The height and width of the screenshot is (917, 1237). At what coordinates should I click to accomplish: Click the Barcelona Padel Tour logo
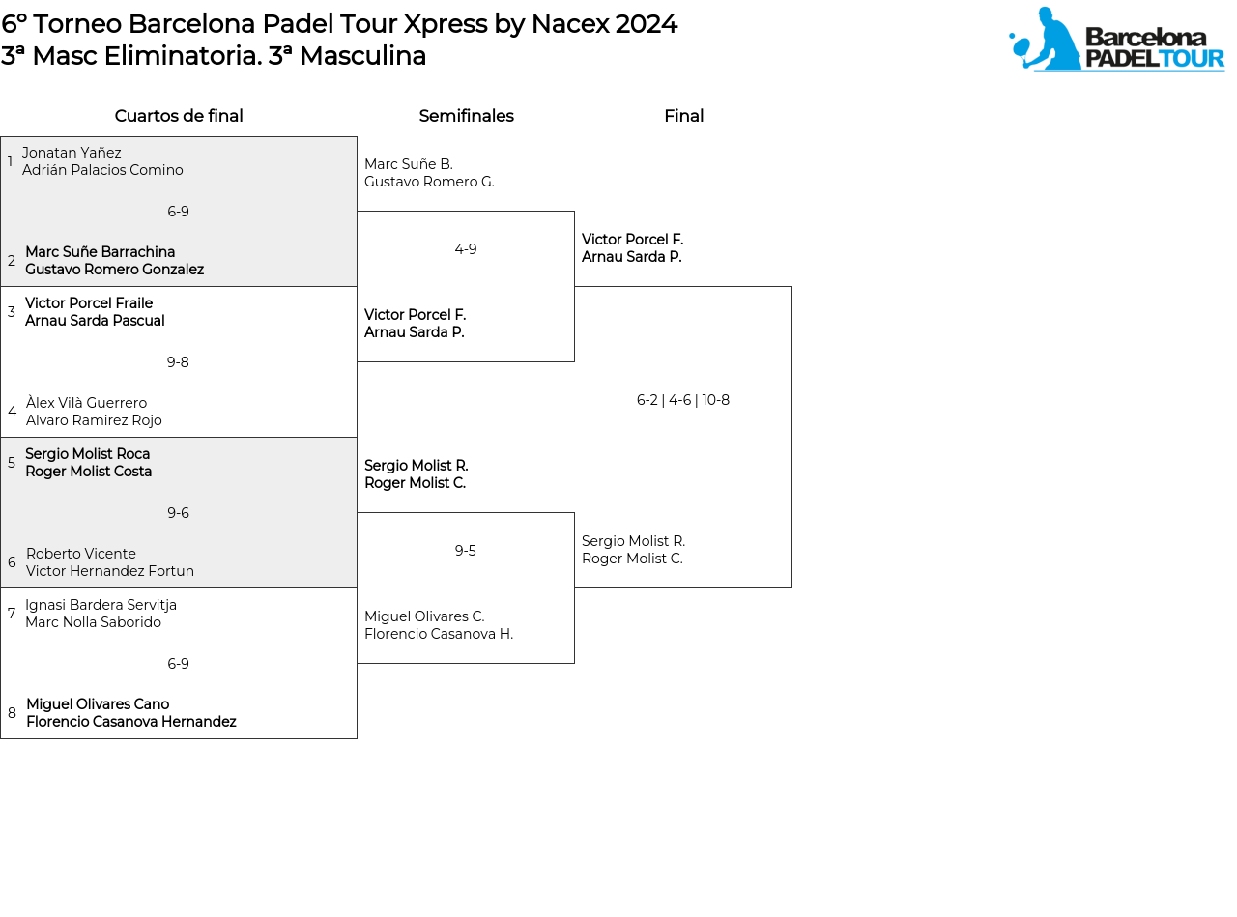point(1116,40)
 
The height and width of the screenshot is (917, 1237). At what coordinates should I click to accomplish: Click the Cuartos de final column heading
point(179,116)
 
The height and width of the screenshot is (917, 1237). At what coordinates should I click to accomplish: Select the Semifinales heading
point(466,116)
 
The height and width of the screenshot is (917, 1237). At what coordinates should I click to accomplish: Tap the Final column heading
point(683,116)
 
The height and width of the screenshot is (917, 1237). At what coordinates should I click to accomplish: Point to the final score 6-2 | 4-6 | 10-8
point(683,400)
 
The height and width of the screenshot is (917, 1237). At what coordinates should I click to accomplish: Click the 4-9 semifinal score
point(466,249)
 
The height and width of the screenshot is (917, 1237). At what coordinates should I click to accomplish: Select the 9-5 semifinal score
point(466,551)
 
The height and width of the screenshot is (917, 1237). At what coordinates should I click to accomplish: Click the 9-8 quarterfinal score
point(178,362)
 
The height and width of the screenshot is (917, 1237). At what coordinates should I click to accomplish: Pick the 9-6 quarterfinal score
point(178,513)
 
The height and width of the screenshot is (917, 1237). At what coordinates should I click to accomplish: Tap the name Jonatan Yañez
point(72,153)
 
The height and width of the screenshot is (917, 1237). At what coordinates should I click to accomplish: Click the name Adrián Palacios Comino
point(102,170)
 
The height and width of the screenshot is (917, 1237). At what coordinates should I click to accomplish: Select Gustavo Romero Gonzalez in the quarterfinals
point(114,270)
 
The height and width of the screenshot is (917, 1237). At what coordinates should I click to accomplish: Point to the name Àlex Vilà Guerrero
point(86,403)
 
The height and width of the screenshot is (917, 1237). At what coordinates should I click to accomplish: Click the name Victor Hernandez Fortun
point(110,571)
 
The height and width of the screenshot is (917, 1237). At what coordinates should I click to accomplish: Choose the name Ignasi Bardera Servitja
point(101,605)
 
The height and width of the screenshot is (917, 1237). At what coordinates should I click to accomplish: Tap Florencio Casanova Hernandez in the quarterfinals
point(131,722)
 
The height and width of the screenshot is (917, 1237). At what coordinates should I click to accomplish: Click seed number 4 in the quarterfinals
point(12,412)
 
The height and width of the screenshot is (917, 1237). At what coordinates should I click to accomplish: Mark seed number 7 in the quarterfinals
point(12,614)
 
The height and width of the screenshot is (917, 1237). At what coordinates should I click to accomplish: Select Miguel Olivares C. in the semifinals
point(424,616)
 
